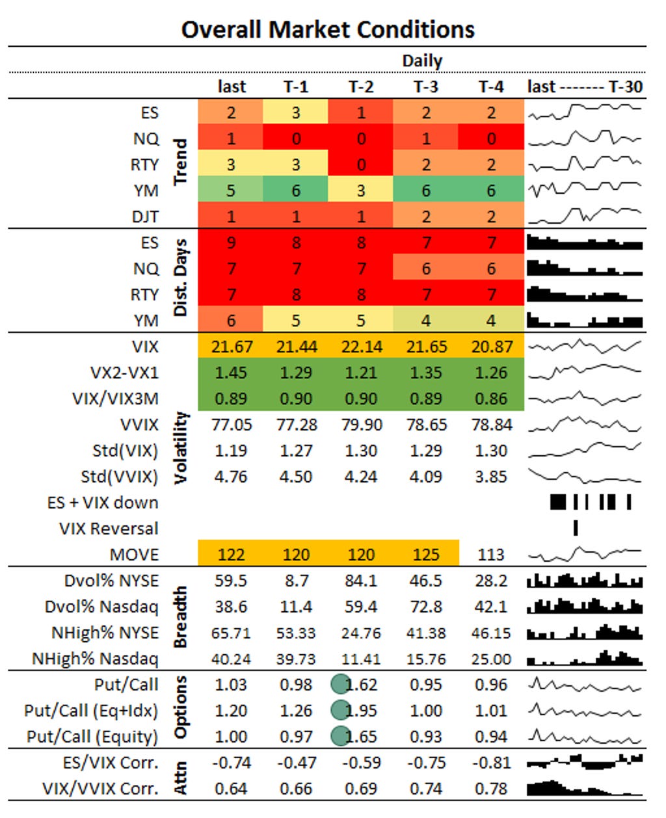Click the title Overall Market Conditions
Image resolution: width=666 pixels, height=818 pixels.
328,29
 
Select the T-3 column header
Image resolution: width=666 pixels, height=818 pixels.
425,86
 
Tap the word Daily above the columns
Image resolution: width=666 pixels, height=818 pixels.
422,60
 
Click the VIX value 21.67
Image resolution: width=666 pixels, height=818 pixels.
231,347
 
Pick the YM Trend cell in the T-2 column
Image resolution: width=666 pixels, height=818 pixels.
361,191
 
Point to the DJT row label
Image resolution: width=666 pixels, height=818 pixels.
145,217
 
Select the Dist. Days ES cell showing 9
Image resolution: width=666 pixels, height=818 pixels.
231,243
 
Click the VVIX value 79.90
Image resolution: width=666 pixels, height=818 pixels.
361,425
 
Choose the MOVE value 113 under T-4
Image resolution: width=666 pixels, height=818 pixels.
491,555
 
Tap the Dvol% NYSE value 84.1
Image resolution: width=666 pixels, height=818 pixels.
361,581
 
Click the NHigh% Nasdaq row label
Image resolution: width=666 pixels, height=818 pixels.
95,659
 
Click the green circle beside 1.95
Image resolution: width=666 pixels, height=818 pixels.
340,710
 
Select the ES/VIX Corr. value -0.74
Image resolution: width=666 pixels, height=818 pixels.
231,763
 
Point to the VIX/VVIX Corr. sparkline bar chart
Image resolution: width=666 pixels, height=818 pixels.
584,788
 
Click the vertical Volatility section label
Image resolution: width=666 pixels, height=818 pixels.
181,447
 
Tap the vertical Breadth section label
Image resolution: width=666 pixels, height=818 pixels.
181,617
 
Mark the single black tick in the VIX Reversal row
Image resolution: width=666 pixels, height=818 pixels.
576,528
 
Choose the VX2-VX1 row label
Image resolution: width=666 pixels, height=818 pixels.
124,373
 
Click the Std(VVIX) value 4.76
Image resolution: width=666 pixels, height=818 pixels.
231,477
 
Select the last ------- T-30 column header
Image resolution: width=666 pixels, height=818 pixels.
585,86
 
